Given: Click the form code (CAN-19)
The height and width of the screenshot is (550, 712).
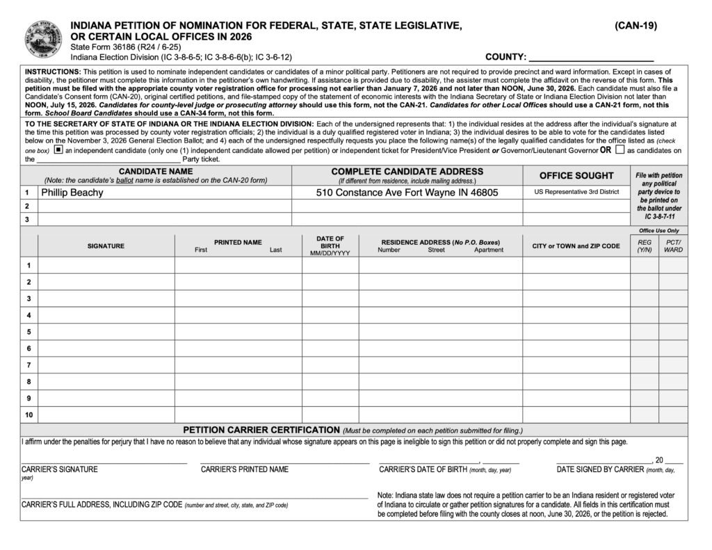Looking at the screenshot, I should tap(636, 26).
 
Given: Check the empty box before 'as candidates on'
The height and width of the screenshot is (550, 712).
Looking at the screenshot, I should tap(620, 149).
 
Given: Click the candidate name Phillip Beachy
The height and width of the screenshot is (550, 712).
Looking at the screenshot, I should tap(72, 193).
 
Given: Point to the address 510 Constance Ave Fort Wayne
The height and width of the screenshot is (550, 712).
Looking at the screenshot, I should tap(407, 193).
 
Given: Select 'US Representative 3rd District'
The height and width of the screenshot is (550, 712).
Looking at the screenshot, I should tap(576, 192).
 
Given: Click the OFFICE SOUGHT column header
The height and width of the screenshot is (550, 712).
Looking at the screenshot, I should tap(576, 176).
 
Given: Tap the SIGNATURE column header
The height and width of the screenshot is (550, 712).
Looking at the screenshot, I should tap(106, 246).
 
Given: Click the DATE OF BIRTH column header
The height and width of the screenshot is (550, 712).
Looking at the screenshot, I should tap(330, 246).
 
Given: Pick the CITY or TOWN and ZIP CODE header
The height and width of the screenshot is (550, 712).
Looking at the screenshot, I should tap(576, 246).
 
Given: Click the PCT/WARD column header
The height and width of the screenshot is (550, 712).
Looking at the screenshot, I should tap(673, 246).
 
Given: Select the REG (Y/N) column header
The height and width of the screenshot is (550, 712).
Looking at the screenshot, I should tap(645, 246).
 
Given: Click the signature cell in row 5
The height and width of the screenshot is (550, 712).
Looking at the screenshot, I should tap(106, 332).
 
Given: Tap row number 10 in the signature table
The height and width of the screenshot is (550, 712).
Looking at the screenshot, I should tap(29, 415).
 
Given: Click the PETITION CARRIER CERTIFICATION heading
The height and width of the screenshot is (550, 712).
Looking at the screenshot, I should tap(261, 430).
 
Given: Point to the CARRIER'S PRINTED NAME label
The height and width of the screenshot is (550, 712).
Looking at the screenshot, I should tap(245, 469).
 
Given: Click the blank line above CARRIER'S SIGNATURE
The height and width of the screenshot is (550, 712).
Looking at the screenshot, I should tap(104, 461).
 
